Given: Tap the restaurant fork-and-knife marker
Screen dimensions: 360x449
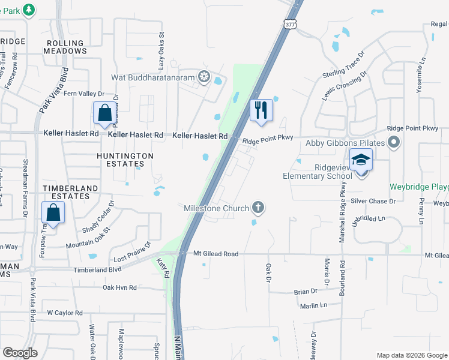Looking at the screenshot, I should (261, 110).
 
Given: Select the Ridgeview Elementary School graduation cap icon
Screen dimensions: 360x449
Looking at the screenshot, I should (361, 161).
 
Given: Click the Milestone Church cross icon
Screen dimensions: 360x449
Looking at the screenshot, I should (259, 208).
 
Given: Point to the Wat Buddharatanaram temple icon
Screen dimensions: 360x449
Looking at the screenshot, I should (204, 77).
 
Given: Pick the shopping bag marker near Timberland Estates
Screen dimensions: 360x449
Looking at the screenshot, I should (53, 212).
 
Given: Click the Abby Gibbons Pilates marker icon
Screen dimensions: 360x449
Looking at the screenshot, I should (394, 143).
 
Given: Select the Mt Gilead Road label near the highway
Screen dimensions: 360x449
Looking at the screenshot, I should (215, 254).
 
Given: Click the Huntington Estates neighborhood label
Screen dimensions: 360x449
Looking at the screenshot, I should (125, 160).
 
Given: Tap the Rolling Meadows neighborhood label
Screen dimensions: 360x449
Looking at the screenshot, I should (65, 47).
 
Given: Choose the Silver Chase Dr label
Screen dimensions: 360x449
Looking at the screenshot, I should (373, 201).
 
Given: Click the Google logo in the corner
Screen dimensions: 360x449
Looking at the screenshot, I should (20, 353).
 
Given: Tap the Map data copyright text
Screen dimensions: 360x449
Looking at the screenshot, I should (412, 355).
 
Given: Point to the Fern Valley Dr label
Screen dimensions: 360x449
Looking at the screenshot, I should (84, 94).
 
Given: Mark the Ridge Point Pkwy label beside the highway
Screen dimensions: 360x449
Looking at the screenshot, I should (268, 138).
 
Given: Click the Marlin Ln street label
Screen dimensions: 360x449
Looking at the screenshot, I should (314, 306).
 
